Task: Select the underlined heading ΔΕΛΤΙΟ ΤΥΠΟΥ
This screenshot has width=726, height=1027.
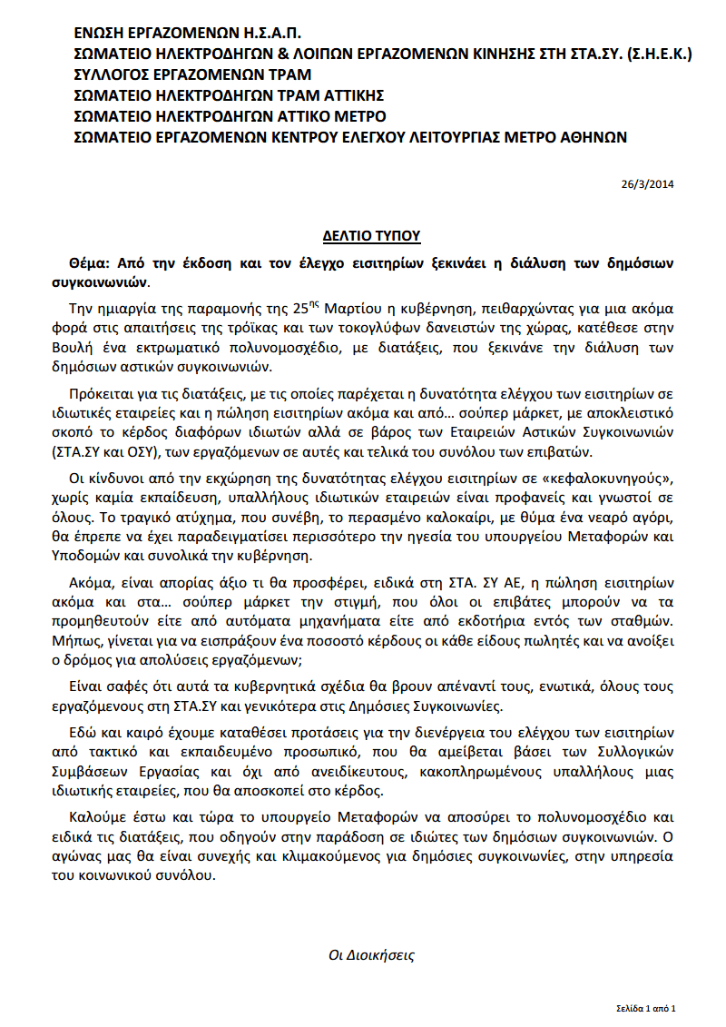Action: (x=372, y=236)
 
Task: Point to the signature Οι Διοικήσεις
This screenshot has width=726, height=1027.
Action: (x=371, y=954)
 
